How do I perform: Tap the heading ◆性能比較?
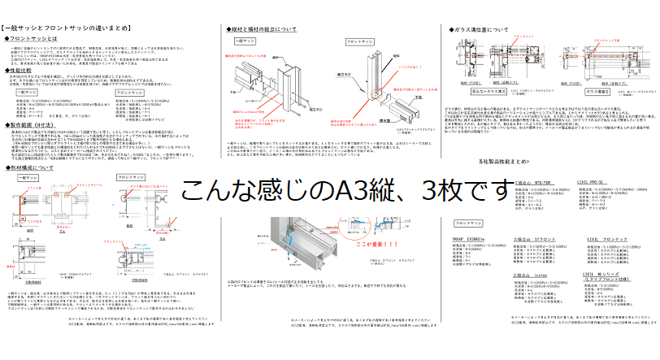pyautogui.click(x=25, y=72)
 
